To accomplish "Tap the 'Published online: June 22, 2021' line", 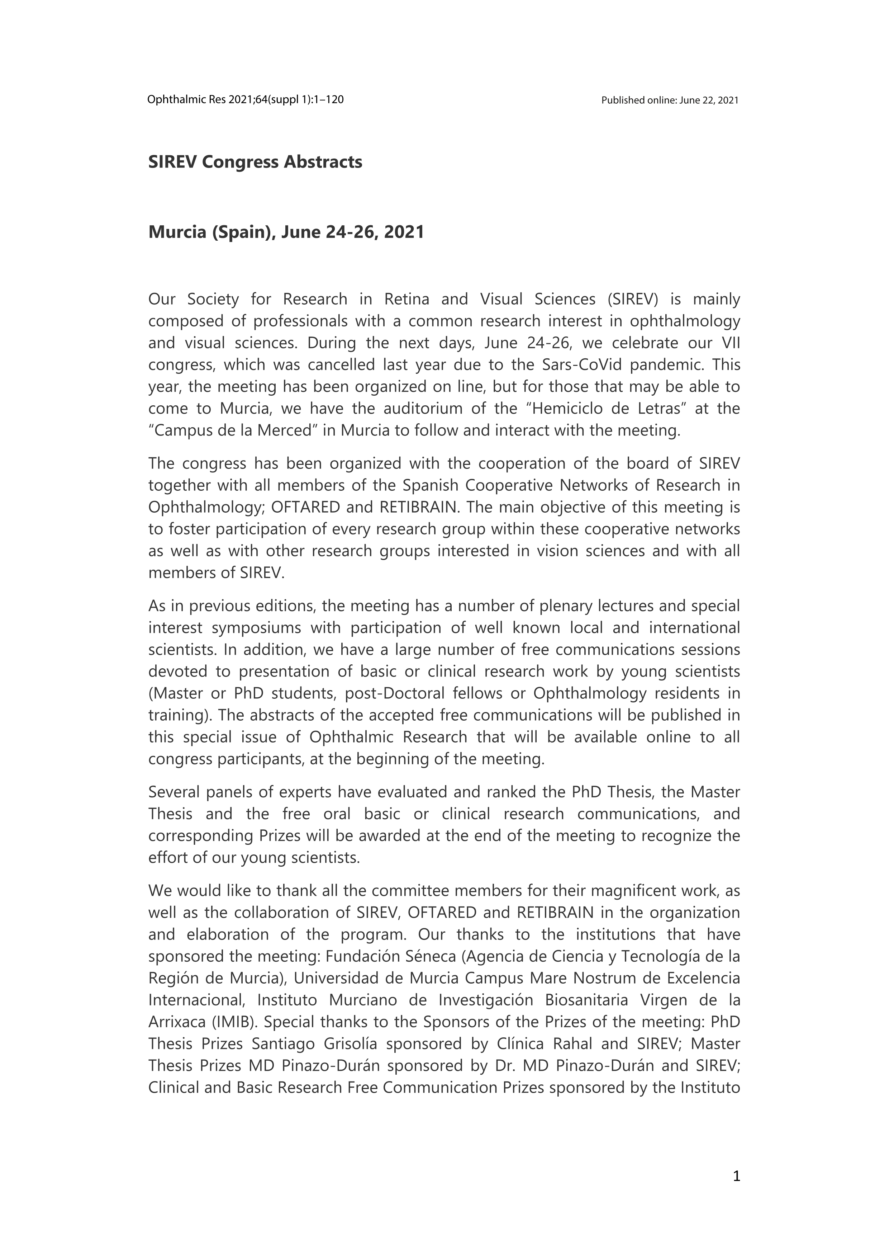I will point(670,100).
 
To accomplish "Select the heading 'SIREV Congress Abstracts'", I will point(255,162).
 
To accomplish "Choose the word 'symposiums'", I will point(256,628).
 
